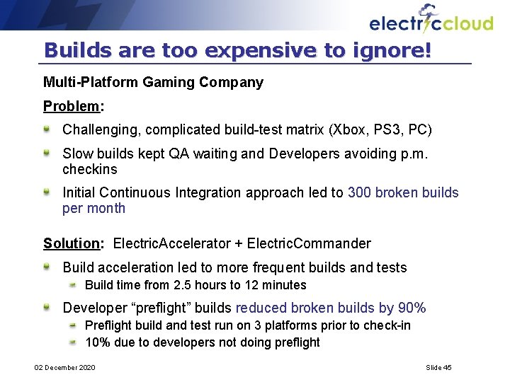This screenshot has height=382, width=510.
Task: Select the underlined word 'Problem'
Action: click(x=72, y=106)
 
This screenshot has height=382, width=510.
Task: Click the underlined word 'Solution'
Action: click(x=72, y=243)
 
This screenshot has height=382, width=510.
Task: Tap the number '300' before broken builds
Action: click(x=360, y=192)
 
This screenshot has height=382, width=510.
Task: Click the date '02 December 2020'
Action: click(x=64, y=367)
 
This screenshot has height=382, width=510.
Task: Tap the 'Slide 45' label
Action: click(x=438, y=367)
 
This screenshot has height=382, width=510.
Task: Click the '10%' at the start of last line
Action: click(x=96, y=342)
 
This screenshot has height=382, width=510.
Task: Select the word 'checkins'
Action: click(x=90, y=169)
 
